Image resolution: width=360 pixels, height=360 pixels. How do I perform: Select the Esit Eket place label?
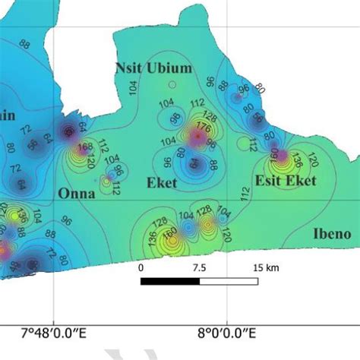click(286, 180)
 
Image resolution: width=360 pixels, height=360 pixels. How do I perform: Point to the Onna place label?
click(77, 194)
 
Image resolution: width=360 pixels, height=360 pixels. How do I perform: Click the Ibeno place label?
click(332, 234)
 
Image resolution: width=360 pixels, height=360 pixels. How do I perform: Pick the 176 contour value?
click(202, 128)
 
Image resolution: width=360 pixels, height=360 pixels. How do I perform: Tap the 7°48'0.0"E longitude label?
click(54, 333)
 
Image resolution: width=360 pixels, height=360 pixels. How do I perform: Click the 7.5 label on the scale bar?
click(199, 268)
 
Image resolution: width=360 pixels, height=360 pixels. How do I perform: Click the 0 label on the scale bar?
click(141, 268)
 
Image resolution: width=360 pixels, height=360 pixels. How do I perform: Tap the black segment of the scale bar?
click(170, 281)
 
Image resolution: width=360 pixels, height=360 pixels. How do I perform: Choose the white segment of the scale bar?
click(228, 281)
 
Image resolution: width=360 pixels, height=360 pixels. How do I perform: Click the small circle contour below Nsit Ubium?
click(172, 85)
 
